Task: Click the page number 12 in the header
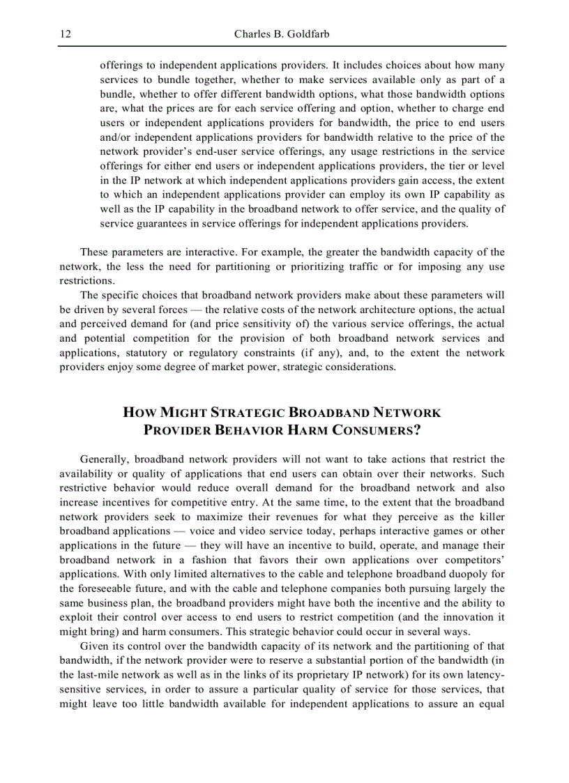[66, 35]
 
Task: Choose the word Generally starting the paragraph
[105, 459]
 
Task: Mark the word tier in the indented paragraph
[451, 166]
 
